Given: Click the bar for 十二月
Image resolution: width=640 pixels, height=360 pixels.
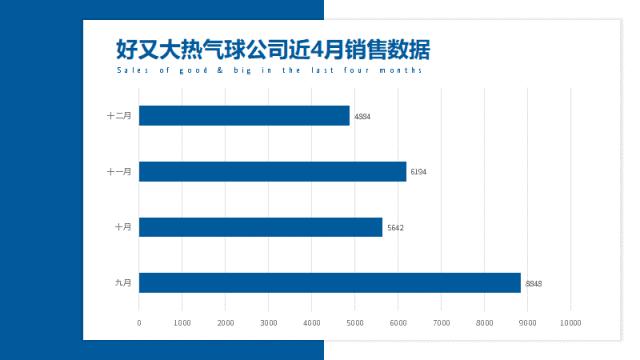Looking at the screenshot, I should point(244,116).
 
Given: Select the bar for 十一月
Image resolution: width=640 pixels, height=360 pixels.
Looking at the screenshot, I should point(272,171).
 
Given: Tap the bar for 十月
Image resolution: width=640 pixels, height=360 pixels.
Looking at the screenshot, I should point(260,227).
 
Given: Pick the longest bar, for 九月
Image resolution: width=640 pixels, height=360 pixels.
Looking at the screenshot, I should point(329,283).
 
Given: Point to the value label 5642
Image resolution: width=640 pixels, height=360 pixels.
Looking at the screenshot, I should point(394,228).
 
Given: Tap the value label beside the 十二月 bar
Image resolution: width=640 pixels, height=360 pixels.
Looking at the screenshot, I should point(362,117).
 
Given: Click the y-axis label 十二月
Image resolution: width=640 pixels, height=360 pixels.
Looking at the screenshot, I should point(119,116).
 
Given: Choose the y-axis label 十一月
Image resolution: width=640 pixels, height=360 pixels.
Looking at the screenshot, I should point(119,172).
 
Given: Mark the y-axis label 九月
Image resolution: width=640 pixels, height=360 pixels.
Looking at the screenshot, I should point(122,283).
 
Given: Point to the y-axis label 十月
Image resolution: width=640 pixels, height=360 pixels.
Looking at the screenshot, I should point(122,227).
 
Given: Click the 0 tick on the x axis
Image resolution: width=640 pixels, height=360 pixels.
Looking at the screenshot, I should point(139,322).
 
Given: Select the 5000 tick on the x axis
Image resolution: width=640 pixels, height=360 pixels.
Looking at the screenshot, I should point(355,322).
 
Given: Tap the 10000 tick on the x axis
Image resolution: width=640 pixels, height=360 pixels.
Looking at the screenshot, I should point(570,322).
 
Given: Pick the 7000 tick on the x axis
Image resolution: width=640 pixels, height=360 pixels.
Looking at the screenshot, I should point(441,322).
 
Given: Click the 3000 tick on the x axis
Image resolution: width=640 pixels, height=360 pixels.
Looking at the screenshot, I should point(268,322).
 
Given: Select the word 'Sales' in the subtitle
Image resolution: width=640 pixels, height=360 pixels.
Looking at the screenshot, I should point(129,71).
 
